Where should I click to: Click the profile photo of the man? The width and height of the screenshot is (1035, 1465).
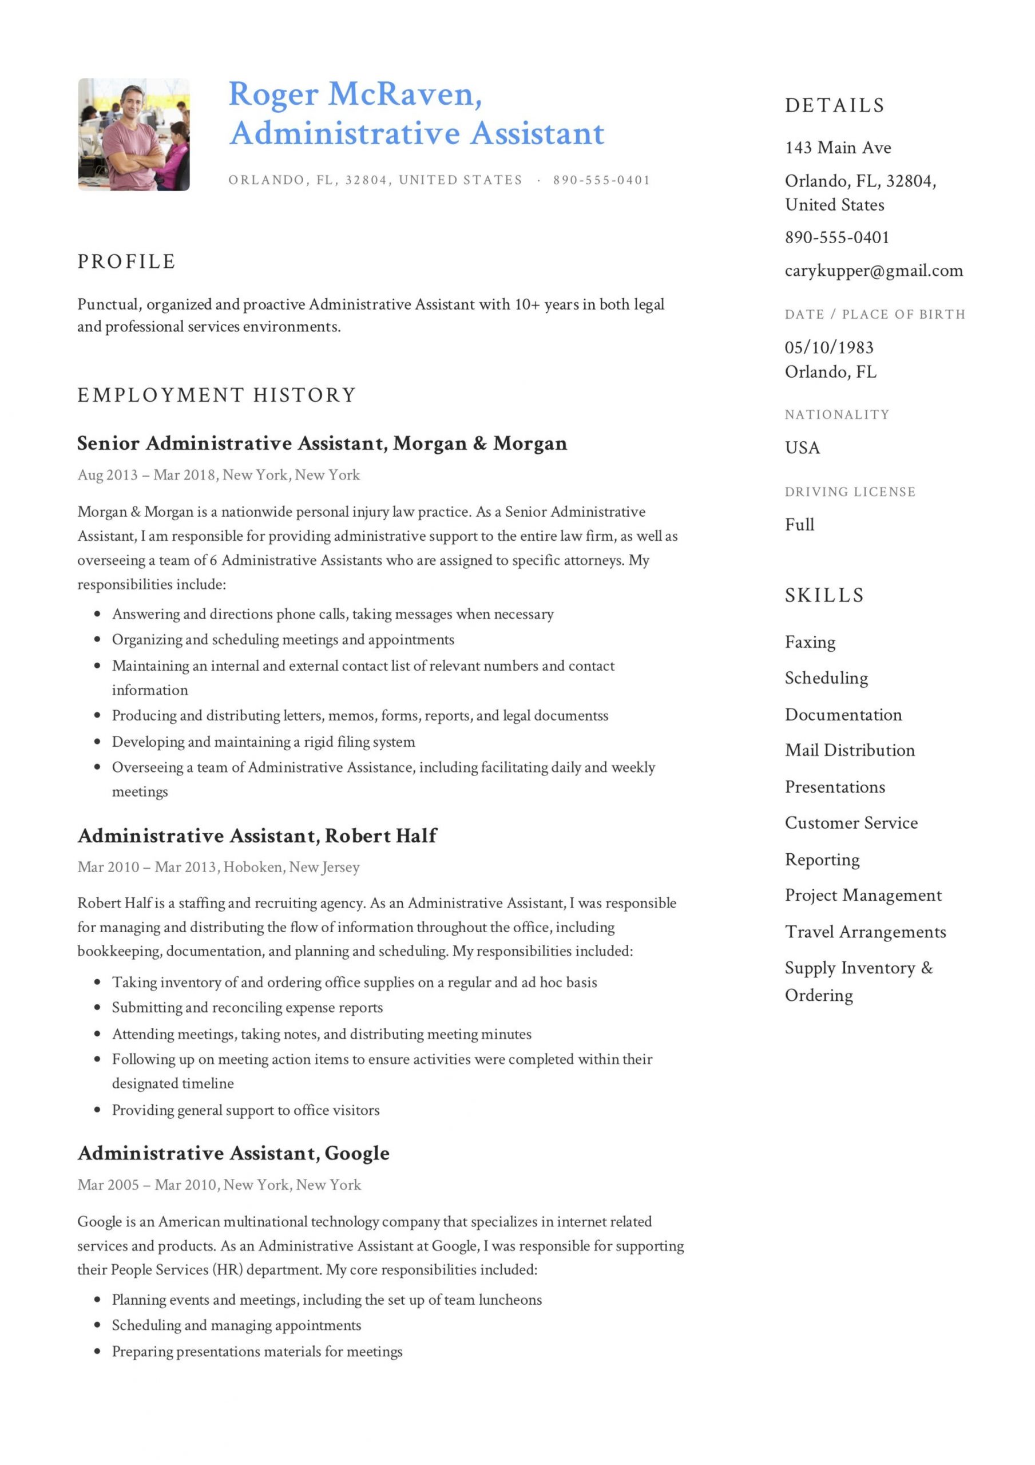[133, 134]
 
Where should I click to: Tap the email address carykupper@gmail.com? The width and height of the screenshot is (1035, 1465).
[873, 271]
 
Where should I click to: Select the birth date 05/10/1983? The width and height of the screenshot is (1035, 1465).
[828, 347]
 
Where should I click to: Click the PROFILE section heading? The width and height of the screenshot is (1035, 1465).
[126, 262]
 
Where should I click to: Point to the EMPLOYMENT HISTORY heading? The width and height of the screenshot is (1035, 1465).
[216, 395]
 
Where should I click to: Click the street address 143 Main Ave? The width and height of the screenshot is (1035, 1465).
[837, 148]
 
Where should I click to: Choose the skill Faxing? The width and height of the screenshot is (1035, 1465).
[809, 642]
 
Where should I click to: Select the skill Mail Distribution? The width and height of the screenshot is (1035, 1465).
[849, 750]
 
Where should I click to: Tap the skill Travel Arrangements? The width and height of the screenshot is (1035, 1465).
[865, 932]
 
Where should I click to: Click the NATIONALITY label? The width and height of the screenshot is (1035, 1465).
[836, 415]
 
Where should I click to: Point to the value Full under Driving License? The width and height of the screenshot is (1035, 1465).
[799, 525]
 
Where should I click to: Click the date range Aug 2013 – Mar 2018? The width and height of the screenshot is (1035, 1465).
[146, 475]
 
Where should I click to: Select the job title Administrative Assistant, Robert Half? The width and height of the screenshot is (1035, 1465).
[256, 836]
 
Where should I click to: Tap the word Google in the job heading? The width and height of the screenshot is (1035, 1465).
[356, 1153]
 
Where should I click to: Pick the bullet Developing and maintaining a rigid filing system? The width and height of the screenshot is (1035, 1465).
[263, 742]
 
